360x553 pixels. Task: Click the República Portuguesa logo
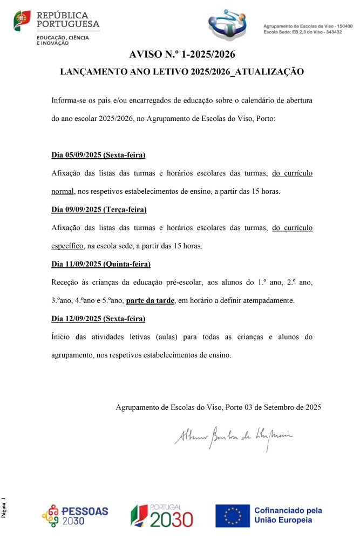tap(57, 26)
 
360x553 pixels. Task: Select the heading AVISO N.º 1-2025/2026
tap(182, 54)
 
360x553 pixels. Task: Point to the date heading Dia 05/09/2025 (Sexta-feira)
tap(98, 155)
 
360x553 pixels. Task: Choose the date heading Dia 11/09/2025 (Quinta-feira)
tap(101, 264)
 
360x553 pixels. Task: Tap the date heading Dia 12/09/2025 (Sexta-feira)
tap(98, 319)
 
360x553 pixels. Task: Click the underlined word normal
tap(63, 191)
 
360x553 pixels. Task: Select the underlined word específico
tap(67, 246)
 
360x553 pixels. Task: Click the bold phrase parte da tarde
tap(151, 300)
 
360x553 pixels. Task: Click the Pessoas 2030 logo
tap(75, 516)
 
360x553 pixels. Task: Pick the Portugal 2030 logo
tap(161, 516)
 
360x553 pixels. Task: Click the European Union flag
tap(233, 516)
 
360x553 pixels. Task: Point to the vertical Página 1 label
tap(4, 508)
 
